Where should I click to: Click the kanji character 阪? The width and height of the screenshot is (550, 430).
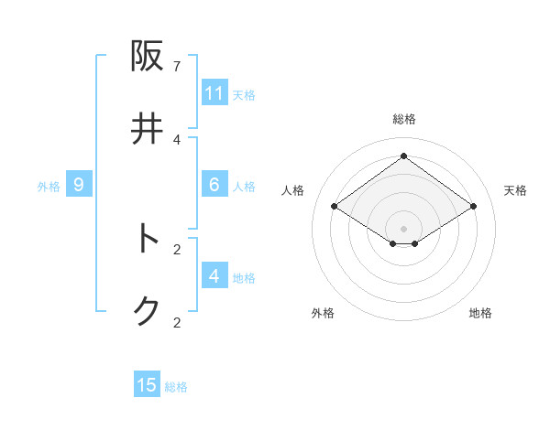click(148, 57)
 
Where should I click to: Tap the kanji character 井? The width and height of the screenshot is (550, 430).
click(148, 129)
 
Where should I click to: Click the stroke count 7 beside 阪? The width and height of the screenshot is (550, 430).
click(177, 67)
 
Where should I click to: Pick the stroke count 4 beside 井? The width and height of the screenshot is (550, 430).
click(177, 139)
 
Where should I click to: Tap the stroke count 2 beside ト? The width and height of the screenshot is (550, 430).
click(177, 249)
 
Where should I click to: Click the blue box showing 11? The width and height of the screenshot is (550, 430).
click(214, 93)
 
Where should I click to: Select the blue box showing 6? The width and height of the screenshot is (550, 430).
click(214, 185)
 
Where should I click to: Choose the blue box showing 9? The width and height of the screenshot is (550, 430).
click(79, 185)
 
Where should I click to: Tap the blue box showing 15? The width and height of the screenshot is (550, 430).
click(147, 385)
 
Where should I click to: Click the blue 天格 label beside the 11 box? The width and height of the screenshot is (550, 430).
click(244, 95)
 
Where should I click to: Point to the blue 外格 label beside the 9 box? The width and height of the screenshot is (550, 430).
click(49, 187)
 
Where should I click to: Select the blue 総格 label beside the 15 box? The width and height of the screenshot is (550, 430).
click(176, 387)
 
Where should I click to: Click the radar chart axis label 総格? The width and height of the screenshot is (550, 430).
click(404, 119)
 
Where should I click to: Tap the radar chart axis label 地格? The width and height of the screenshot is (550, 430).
click(480, 313)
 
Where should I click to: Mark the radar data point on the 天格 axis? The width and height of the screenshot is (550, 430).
click(473, 207)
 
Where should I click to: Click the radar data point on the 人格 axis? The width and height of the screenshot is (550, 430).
click(335, 207)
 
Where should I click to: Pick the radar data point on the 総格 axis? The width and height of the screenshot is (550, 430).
click(403, 156)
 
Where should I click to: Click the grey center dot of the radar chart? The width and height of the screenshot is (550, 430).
click(403, 228)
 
